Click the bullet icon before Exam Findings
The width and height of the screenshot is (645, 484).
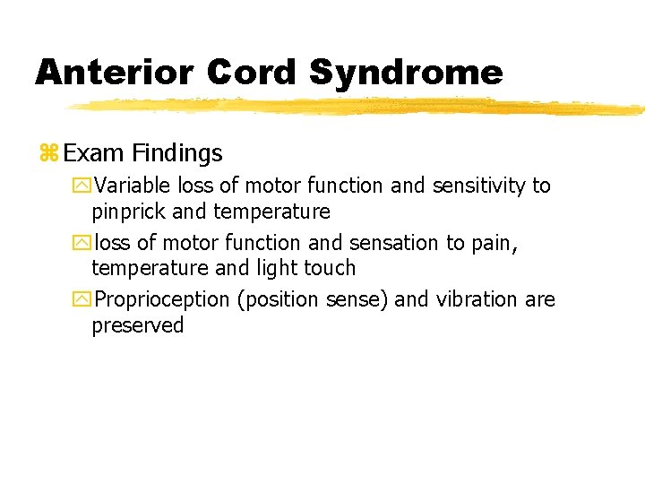(x=47, y=154)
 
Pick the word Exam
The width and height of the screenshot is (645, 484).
(x=93, y=154)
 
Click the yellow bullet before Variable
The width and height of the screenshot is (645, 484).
(x=82, y=186)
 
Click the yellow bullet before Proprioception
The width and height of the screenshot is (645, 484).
(x=82, y=300)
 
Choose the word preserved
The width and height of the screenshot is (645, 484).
(x=137, y=325)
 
